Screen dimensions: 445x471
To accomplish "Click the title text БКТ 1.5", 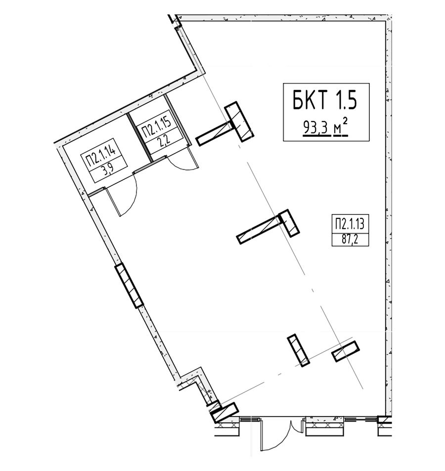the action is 324,100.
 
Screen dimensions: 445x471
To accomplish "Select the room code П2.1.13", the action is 350,224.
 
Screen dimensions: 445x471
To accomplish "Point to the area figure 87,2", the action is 350,240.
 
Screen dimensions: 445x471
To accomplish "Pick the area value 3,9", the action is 108,171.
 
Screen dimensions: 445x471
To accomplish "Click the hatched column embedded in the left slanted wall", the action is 129,285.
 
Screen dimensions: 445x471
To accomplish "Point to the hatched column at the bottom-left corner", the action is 224,412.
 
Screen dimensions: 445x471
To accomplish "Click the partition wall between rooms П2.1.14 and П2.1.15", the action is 139,137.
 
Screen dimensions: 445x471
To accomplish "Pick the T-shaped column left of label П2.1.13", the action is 268,226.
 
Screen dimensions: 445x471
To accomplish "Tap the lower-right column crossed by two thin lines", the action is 346,351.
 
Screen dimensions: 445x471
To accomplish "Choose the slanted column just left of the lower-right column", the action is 298,350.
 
